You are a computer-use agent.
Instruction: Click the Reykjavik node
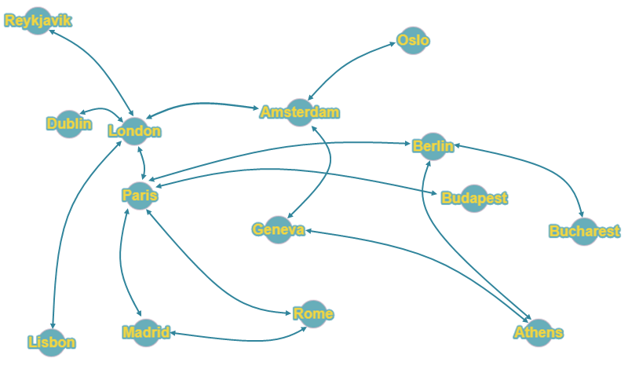(x=38, y=21)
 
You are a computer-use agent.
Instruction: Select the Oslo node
(x=413, y=41)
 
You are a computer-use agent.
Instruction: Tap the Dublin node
(x=69, y=124)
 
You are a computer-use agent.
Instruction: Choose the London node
(x=134, y=131)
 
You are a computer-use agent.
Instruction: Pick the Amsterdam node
(x=300, y=112)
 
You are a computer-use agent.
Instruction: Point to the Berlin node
(x=433, y=146)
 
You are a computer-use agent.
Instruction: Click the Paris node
(x=140, y=196)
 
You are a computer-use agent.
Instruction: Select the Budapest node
(x=474, y=199)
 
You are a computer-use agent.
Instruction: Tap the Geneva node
(x=279, y=229)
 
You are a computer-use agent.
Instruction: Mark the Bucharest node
(x=584, y=232)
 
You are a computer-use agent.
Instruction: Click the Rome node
(x=313, y=314)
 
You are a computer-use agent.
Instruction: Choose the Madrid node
(x=146, y=333)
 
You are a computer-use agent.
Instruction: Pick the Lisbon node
(x=52, y=342)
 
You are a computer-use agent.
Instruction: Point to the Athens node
(x=539, y=333)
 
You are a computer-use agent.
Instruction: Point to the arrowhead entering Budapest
(x=435, y=194)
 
